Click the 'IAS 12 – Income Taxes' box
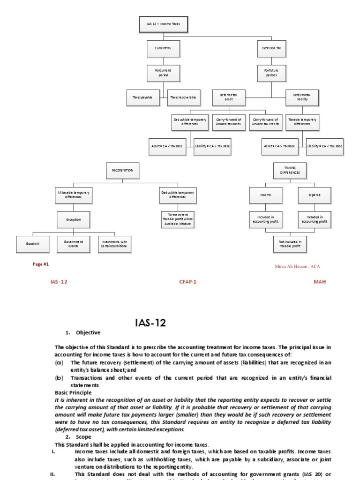tap(164, 23)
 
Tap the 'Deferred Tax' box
tap(272, 48)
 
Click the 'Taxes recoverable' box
tap(182, 97)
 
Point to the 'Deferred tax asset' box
tap(228, 97)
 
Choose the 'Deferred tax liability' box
tap(302, 97)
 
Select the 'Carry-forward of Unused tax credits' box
tap(265, 122)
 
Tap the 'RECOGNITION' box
tap(123, 171)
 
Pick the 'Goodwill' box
tap(32, 244)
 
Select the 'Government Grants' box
tap(73, 244)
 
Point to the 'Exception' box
tap(73, 219)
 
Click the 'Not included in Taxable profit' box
tap(290, 244)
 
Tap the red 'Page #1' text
tap(41, 264)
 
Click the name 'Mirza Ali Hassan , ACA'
tap(298, 266)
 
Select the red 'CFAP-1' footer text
tap(187, 282)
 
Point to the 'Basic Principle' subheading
tap(74, 392)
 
